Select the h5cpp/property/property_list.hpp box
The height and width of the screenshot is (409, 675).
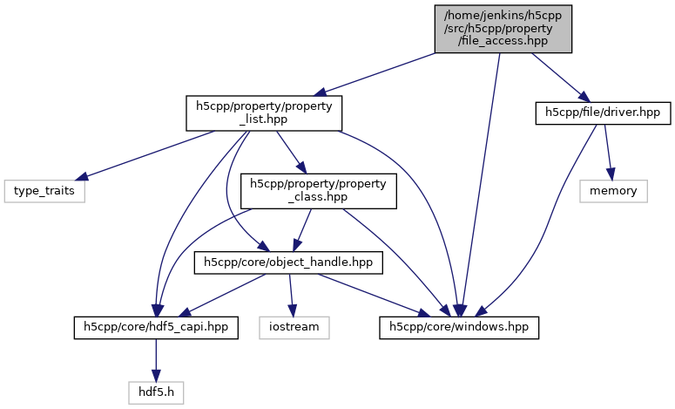263,112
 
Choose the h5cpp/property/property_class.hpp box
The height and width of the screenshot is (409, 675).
320,191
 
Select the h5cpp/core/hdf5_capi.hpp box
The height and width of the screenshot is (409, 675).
156,327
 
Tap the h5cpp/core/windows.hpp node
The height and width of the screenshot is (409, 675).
460,327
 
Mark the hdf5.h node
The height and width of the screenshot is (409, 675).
156,393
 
